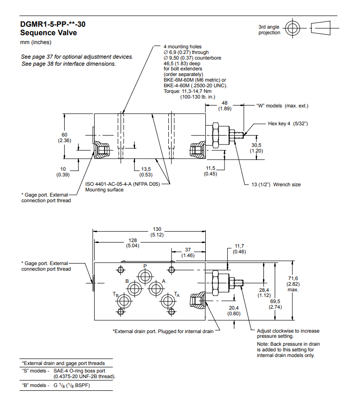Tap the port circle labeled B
[x=134, y=288]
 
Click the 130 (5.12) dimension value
[x=157, y=232]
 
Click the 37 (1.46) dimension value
[x=188, y=252]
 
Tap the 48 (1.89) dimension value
[x=225, y=106]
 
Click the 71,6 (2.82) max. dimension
[x=293, y=284]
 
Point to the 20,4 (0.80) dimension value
[x=234, y=311]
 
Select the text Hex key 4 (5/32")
[x=287, y=123]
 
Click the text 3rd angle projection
[x=269, y=30]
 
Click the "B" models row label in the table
[x=34, y=385]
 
